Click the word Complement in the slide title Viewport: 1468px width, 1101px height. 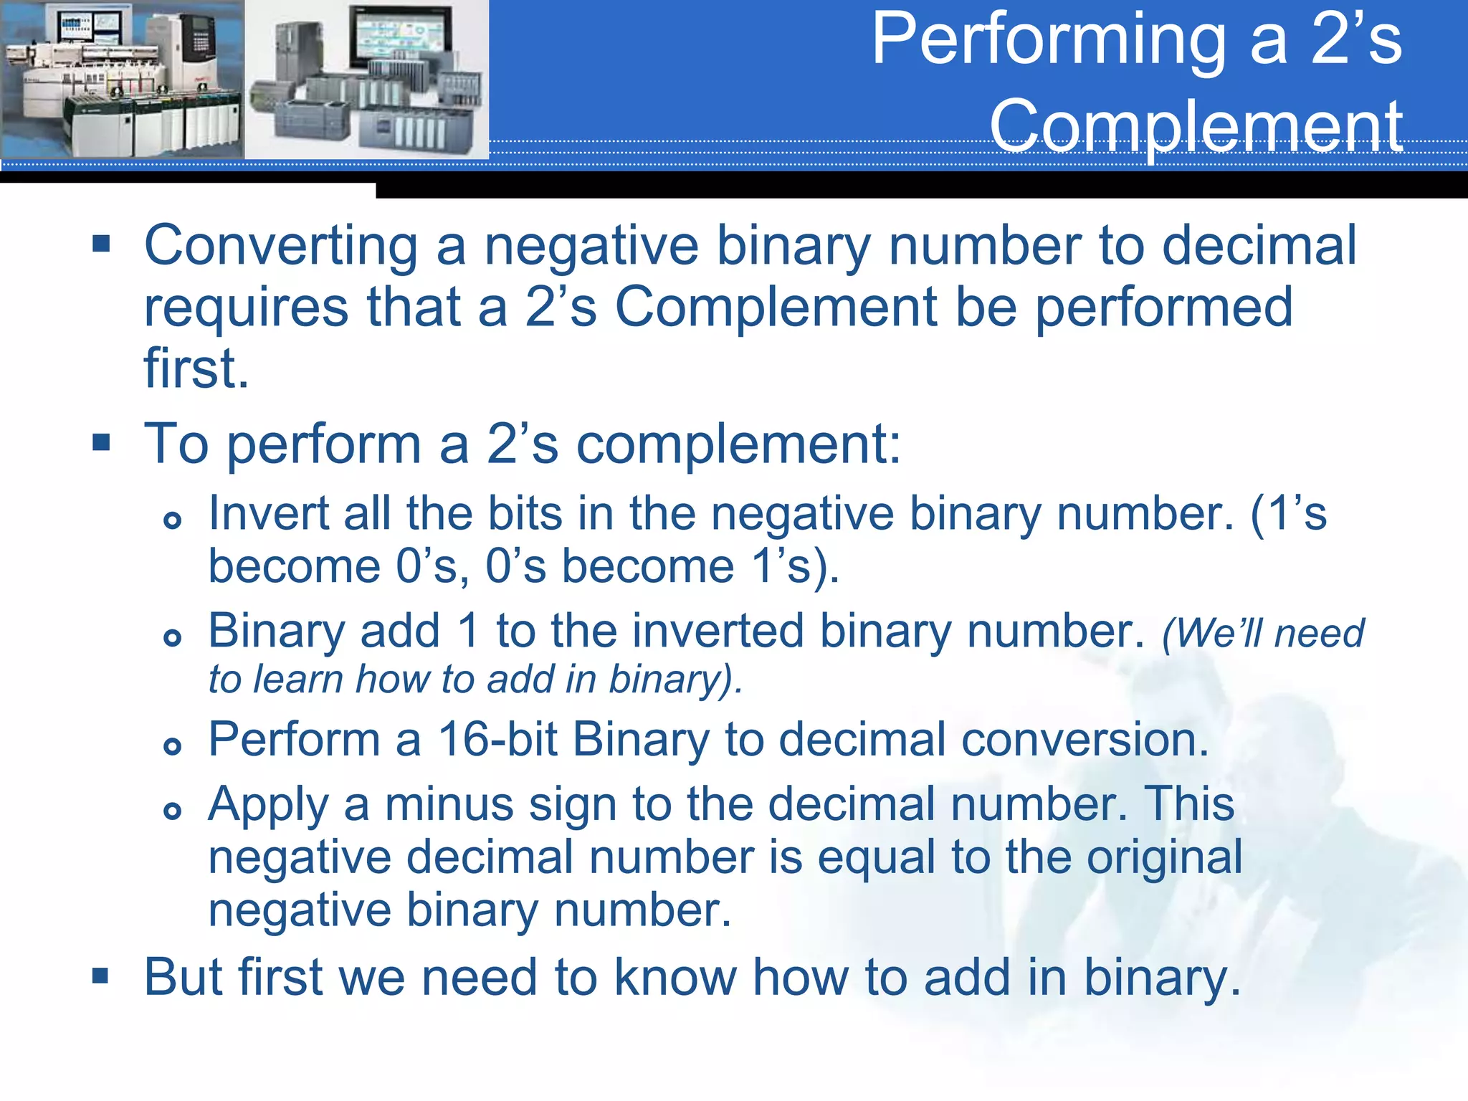(1196, 126)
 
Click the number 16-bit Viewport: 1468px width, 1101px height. (497, 739)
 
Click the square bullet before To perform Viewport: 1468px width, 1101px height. (101, 443)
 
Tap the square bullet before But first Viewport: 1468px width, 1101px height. (101, 976)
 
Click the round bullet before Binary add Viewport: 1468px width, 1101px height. (172, 637)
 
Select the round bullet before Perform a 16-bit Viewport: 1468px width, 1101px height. (172, 746)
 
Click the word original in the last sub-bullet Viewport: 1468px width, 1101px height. (1164, 857)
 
